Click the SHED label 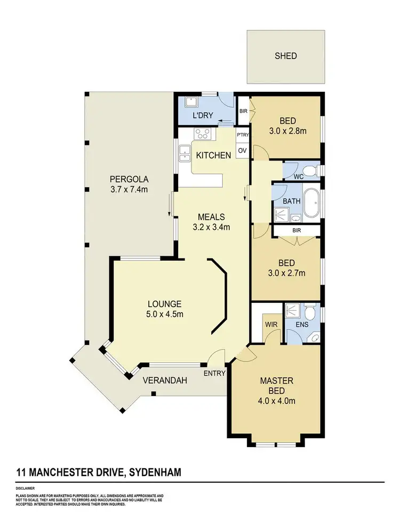point(285,56)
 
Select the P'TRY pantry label point(243,135)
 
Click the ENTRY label point(214,373)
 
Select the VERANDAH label point(164,381)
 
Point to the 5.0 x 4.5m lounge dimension point(165,314)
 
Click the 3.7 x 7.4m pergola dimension point(129,189)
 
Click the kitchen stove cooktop point(203,134)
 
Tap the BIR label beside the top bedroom point(244,111)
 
